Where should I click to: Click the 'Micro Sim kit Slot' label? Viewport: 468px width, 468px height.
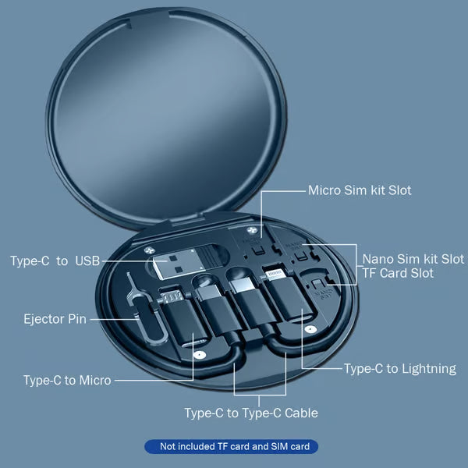(360, 190)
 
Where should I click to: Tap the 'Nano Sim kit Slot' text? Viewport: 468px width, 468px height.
(413, 259)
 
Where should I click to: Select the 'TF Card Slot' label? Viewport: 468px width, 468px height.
(398, 273)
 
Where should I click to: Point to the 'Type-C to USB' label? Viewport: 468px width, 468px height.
(55, 261)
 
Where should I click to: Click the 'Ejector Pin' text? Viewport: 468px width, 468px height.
(55, 319)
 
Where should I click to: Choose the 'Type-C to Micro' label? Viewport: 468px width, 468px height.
(67, 381)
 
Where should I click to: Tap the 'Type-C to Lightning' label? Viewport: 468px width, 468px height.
(400, 369)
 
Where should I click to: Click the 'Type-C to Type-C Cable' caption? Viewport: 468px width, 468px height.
(251, 413)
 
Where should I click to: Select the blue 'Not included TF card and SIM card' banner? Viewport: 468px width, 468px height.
(232, 446)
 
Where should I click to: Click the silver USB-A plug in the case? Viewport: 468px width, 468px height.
(179, 264)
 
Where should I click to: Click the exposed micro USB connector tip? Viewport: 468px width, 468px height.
(172, 296)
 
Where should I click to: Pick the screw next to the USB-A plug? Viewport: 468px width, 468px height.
(149, 250)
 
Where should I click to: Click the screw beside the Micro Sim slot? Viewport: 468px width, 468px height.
(252, 230)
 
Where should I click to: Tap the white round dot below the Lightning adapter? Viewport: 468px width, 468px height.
(310, 329)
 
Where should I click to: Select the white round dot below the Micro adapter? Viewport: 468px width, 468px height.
(200, 355)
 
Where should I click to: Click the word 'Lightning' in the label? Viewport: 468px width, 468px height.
(428, 369)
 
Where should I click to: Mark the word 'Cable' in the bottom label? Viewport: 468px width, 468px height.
(301, 413)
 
